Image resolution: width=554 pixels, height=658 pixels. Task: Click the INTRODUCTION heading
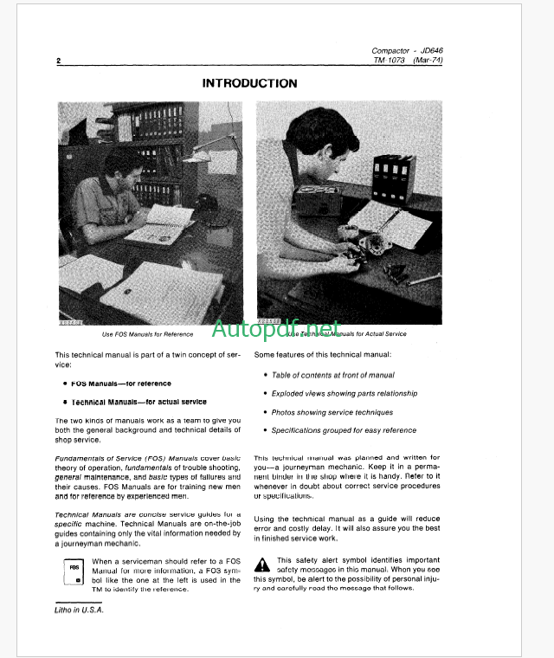(249, 83)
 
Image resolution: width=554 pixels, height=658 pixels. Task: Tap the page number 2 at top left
(58, 61)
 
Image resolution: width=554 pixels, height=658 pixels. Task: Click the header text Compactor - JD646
(407, 51)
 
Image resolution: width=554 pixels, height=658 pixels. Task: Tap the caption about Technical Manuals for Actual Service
(348, 333)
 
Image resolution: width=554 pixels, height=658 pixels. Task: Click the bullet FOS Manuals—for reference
(122, 383)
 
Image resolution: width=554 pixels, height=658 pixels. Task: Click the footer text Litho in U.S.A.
(78, 610)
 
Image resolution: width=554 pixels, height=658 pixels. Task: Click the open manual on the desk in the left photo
(160, 223)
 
